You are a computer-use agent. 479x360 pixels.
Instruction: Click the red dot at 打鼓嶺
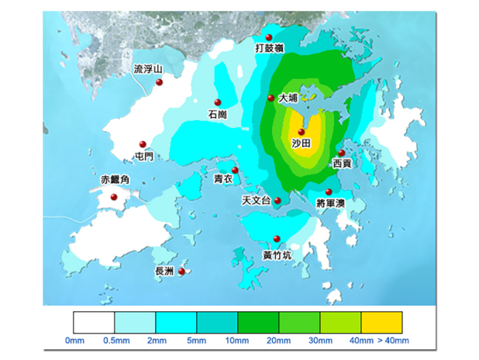(268, 38)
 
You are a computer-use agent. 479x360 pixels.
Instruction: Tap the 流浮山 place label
(148, 69)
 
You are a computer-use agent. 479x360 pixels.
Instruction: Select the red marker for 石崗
(218, 102)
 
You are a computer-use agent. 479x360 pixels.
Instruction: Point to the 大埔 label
(288, 99)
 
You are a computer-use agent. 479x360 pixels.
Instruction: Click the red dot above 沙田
(301, 132)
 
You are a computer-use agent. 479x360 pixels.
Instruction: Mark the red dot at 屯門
(142, 144)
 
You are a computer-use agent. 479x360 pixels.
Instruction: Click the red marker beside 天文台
(277, 200)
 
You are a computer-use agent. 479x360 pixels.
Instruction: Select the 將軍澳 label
(331, 202)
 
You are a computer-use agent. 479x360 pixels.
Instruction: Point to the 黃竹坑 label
(277, 254)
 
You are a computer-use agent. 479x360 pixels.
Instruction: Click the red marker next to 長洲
(181, 272)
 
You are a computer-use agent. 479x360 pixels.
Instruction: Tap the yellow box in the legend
(381, 322)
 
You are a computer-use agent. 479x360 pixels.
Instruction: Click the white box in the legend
(94, 322)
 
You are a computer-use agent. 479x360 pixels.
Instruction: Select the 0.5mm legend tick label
(115, 341)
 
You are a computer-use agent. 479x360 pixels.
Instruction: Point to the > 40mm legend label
(392, 341)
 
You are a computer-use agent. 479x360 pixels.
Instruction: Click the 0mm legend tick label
(74, 341)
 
